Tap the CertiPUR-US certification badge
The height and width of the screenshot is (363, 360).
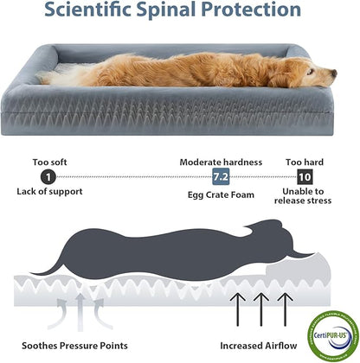329,329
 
